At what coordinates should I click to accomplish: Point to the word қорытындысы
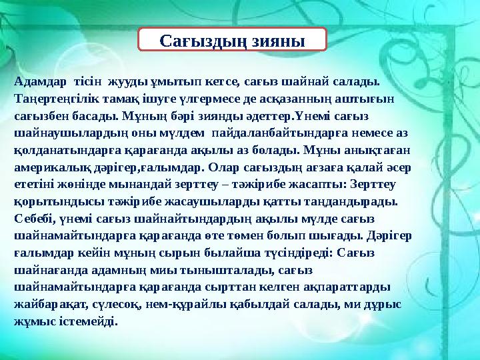point(51,200)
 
